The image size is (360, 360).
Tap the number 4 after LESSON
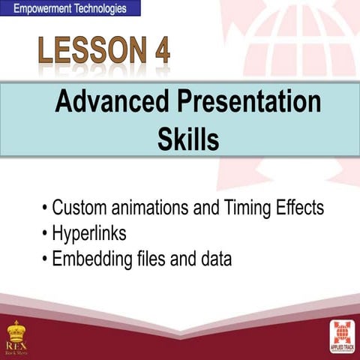pos(160,52)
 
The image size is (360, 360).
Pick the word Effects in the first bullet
pos(295,208)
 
